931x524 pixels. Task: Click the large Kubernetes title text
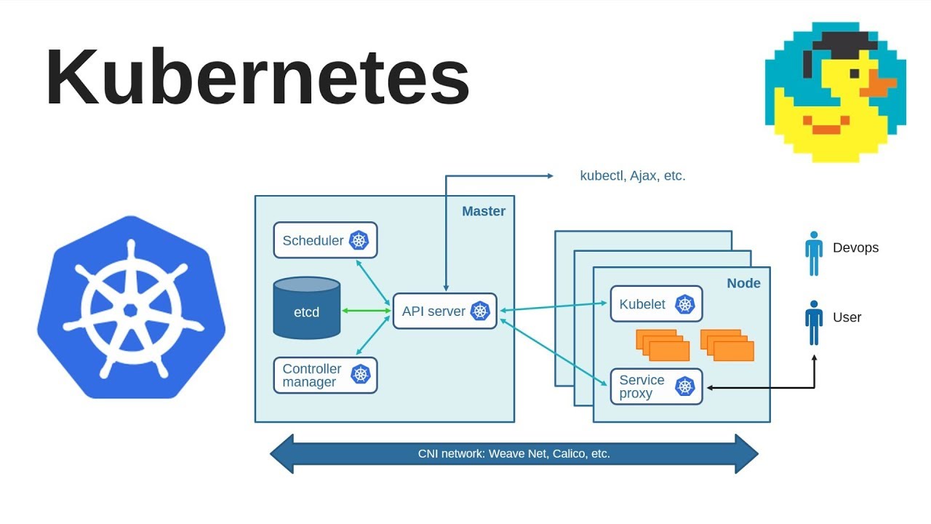tap(257, 79)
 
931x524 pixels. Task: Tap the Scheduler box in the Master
tap(325, 240)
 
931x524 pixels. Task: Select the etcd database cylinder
tap(306, 309)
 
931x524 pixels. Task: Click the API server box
tap(444, 311)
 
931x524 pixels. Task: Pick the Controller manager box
tap(325, 375)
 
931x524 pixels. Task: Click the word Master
tap(483, 211)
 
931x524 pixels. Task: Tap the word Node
tap(743, 283)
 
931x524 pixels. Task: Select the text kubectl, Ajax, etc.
tap(632, 175)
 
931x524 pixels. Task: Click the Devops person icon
tap(813, 253)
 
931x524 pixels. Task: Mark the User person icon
tap(813, 322)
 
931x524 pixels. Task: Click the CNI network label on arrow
tap(514, 453)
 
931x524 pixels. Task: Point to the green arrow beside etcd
tap(366, 311)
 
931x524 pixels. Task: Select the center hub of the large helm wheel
tap(131, 309)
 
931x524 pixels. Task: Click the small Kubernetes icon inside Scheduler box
tap(359, 240)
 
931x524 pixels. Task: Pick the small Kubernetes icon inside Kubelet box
tap(685, 304)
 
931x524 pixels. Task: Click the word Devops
tap(855, 247)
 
